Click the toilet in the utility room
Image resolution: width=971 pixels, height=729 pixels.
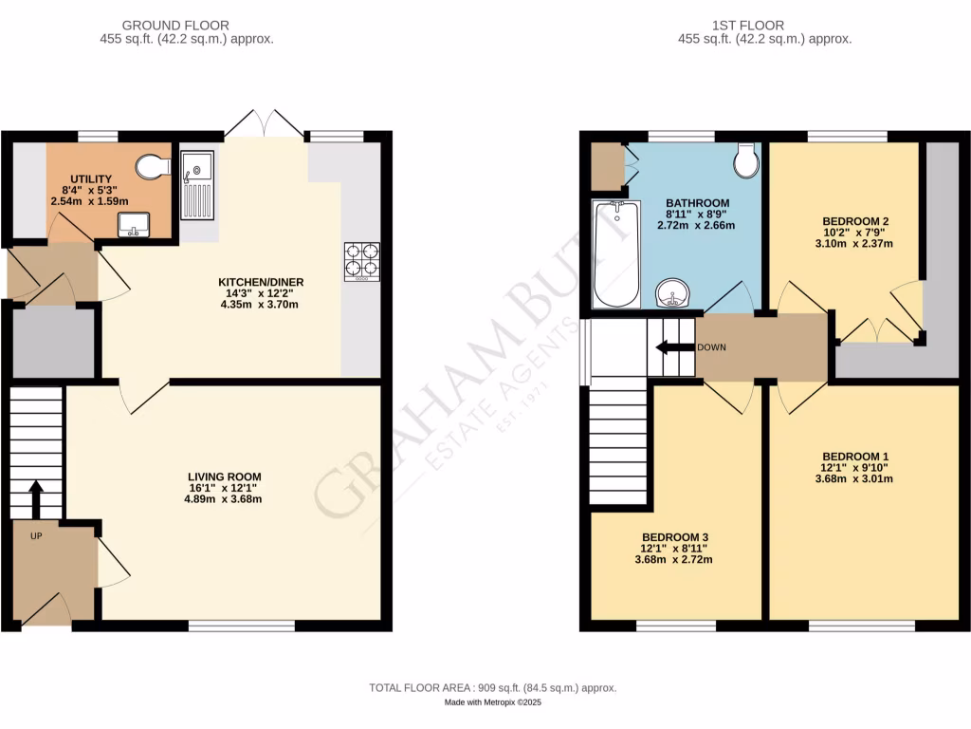pos(153,168)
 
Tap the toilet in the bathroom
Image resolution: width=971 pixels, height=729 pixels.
pos(746,161)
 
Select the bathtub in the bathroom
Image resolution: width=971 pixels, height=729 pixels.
pos(615,254)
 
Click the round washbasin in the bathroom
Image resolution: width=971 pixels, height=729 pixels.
pos(675,295)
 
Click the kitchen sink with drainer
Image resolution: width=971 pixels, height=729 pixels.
pos(197,184)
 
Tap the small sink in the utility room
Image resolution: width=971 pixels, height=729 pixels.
pos(133,225)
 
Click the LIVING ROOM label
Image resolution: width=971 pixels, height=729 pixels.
pos(224,477)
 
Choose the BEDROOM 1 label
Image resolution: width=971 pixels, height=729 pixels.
pos(854,456)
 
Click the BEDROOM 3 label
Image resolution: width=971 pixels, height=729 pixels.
pos(674,537)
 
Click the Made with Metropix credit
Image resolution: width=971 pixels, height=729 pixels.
pos(492,702)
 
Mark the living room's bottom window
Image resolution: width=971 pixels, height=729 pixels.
pos(241,626)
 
